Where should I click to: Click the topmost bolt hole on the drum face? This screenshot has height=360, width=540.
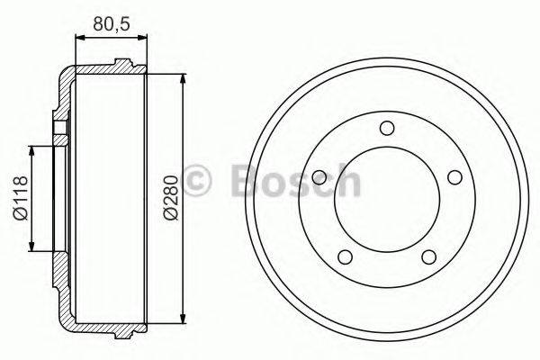click(x=386, y=127)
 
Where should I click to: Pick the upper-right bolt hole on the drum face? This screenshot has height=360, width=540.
click(x=454, y=175)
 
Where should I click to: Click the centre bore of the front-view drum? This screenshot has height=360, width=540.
click(x=386, y=198)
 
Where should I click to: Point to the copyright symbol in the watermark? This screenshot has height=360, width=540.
click(x=198, y=180)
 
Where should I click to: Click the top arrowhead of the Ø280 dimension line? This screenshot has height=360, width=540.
click(x=184, y=73)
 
